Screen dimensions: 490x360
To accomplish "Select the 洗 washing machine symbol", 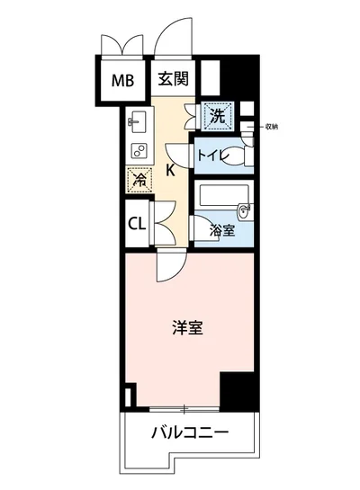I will tap(217, 116).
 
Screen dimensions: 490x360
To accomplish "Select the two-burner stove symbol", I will tap(139, 148).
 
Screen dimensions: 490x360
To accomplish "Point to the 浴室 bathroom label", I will tap(221, 230).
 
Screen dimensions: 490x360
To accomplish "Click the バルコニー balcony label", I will tap(189, 433).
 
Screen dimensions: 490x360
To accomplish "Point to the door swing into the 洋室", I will tap(169, 265).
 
